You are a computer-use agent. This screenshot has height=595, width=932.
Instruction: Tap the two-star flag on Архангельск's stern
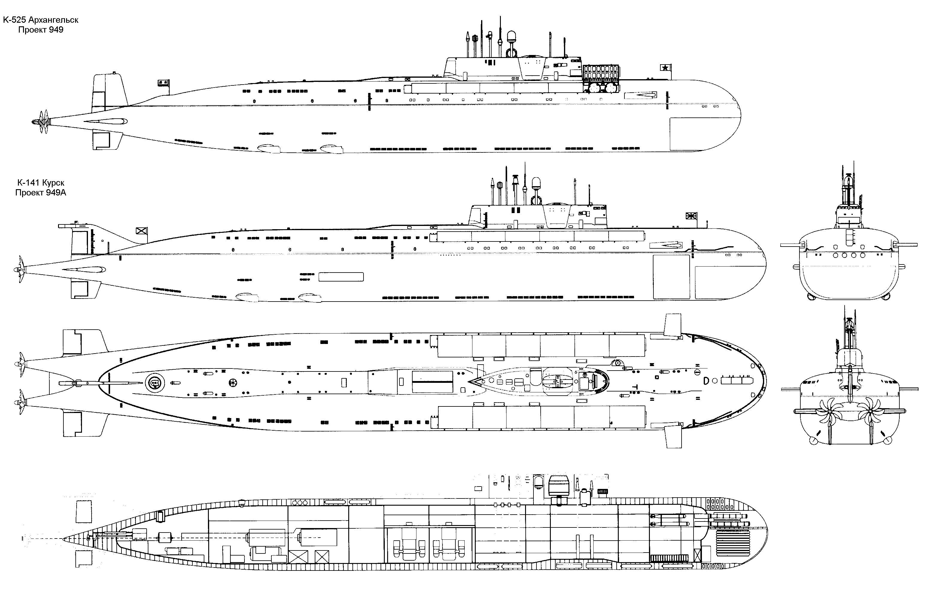tap(163, 82)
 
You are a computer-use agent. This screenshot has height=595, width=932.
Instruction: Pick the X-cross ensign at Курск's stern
tap(141, 231)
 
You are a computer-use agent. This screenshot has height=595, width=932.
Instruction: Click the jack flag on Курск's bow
tap(691, 216)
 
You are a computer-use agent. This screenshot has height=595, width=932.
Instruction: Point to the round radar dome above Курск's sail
tap(536, 183)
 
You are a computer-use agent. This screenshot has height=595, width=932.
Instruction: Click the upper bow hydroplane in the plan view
tap(673, 325)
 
